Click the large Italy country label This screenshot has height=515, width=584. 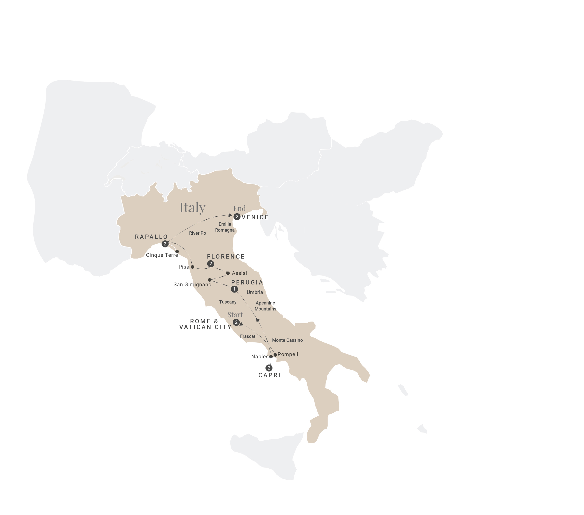click(x=192, y=207)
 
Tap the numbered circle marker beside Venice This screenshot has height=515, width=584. click(x=237, y=217)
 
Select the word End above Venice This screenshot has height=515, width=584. click(x=240, y=209)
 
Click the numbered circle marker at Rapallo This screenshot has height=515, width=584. click(x=165, y=244)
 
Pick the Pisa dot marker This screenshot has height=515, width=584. click(x=193, y=267)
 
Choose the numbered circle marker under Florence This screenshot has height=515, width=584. click(x=211, y=264)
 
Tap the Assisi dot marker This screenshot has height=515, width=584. click(x=228, y=273)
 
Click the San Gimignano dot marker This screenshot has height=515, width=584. click(x=210, y=280)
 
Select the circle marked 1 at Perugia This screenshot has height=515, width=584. click(x=234, y=289)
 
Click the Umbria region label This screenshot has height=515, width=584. click(x=255, y=292)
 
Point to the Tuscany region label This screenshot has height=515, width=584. click(x=228, y=302)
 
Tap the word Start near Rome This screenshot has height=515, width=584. click(x=235, y=315)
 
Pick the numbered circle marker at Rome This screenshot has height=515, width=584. click(x=236, y=322)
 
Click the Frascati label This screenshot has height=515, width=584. click(x=248, y=336)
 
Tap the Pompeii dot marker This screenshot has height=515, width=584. click(x=275, y=355)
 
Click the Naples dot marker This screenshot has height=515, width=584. click(x=271, y=357)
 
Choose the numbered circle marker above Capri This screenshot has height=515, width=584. click(x=269, y=368)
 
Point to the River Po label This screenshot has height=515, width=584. click(x=197, y=233)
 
